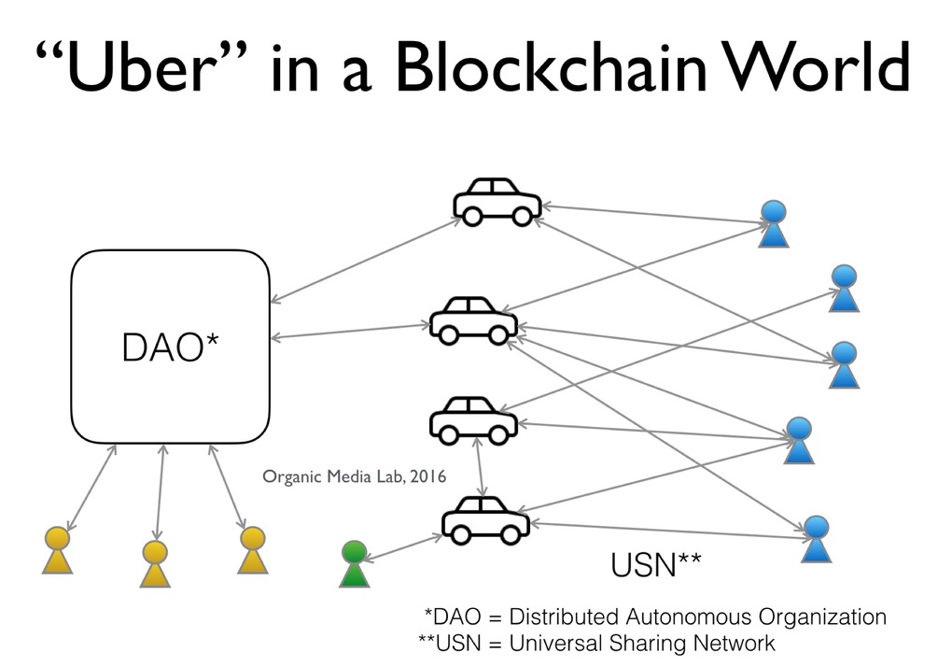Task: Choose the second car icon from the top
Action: (x=473, y=320)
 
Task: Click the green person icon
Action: (x=354, y=564)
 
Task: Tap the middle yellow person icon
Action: (x=155, y=563)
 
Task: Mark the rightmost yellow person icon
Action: (x=252, y=550)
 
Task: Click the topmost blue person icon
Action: (x=774, y=224)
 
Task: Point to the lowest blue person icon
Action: (x=817, y=539)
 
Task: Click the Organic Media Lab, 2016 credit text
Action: (x=355, y=476)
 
